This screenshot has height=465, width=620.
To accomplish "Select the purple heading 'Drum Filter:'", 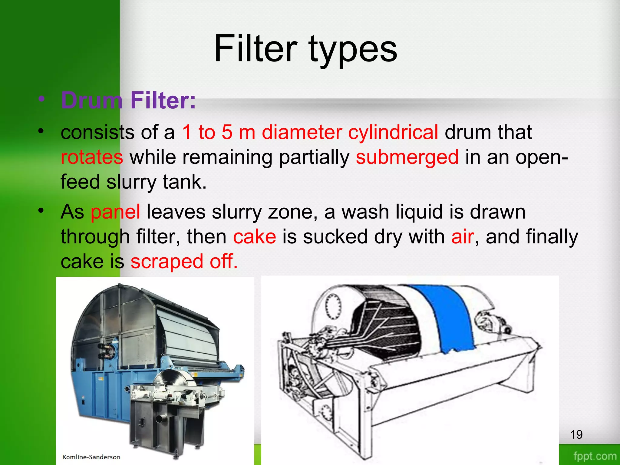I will [x=128, y=100].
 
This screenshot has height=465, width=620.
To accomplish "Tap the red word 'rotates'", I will [x=92, y=157].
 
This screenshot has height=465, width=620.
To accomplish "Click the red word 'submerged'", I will [x=407, y=157].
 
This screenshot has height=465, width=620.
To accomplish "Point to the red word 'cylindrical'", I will [x=393, y=132].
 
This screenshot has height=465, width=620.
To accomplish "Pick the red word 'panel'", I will [x=115, y=212].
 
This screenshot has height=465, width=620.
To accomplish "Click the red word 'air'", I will [x=462, y=236].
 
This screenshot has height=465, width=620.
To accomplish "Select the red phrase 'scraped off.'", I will [x=184, y=261].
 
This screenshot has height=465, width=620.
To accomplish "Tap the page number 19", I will [x=576, y=435].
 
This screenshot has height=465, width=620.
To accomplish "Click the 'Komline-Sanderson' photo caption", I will [x=91, y=457].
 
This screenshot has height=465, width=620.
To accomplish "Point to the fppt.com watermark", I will [x=595, y=456].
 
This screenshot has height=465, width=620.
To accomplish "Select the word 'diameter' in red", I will [x=302, y=132].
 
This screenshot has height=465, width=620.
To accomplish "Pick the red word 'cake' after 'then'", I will [x=254, y=236].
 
